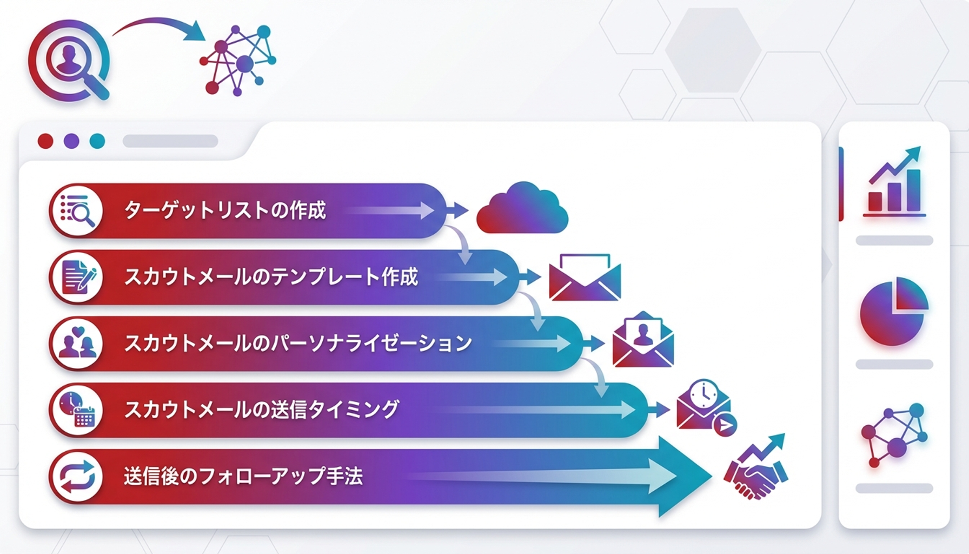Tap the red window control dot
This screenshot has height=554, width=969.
pyautogui.click(x=45, y=141)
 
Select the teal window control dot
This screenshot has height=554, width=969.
pyautogui.click(x=97, y=141)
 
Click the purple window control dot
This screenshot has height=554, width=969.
pyautogui.click(x=71, y=141)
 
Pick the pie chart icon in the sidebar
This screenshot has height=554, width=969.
pyautogui.click(x=893, y=311)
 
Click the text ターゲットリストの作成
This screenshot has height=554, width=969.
pyautogui.click(x=225, y=210)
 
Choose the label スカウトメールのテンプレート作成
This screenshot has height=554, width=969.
pyautogui.click(x=271, y=277)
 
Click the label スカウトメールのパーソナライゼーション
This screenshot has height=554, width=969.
pyautogui.click(x=298, y=344)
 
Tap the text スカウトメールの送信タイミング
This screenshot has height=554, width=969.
pyautogui.click(x=262, y=410)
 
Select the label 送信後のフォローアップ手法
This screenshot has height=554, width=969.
pyautogui.click(x=243, y=477)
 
